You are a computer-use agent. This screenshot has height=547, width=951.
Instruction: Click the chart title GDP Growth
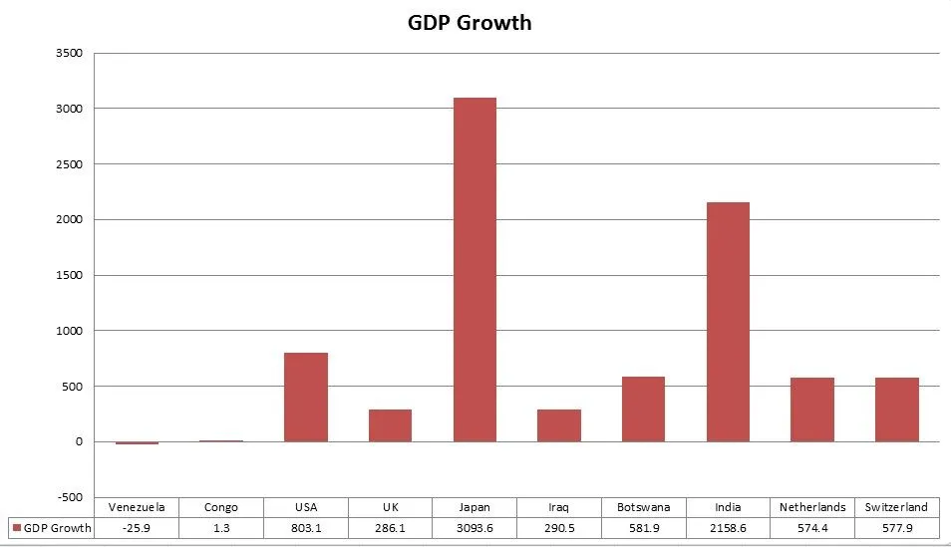(x=470, y=22)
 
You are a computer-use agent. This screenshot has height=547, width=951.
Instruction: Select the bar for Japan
(x=475, y=269)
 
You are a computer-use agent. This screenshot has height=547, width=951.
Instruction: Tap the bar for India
(x=728, y=322)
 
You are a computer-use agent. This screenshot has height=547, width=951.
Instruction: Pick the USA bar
(x=306, y=397)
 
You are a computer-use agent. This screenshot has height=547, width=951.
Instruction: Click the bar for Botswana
(x=643, y=409)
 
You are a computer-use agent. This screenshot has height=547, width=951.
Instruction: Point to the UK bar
(x=390, y=425)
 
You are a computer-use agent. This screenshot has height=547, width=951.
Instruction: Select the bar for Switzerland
(x=896, y=410)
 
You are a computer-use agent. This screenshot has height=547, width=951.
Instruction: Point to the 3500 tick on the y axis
(x=69, y=53)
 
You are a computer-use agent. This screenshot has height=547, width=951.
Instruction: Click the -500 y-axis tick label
(x=69, y=497)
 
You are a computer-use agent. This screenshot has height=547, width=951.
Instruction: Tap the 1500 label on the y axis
(x=69, y=275)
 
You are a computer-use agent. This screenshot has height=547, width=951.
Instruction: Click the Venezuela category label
(x=137, y=507)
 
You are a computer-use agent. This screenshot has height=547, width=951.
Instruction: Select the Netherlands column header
(x=811, y=507)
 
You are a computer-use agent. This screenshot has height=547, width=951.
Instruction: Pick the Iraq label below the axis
(x=558, y=507)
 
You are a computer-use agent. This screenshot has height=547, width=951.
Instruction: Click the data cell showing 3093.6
(x=475, y=527)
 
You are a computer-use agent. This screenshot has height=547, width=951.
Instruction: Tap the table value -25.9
(x=137, y=527)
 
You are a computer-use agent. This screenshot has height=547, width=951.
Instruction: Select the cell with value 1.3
(x=221, y=527)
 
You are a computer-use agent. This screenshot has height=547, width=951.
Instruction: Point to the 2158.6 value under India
(x=728, y=527)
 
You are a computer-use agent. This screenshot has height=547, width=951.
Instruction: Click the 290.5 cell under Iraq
(x=558, y=527)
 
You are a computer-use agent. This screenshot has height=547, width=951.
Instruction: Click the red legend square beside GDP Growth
(x=16, y=527)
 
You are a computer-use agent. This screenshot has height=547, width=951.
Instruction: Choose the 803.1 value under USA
(x=306, y=527)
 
